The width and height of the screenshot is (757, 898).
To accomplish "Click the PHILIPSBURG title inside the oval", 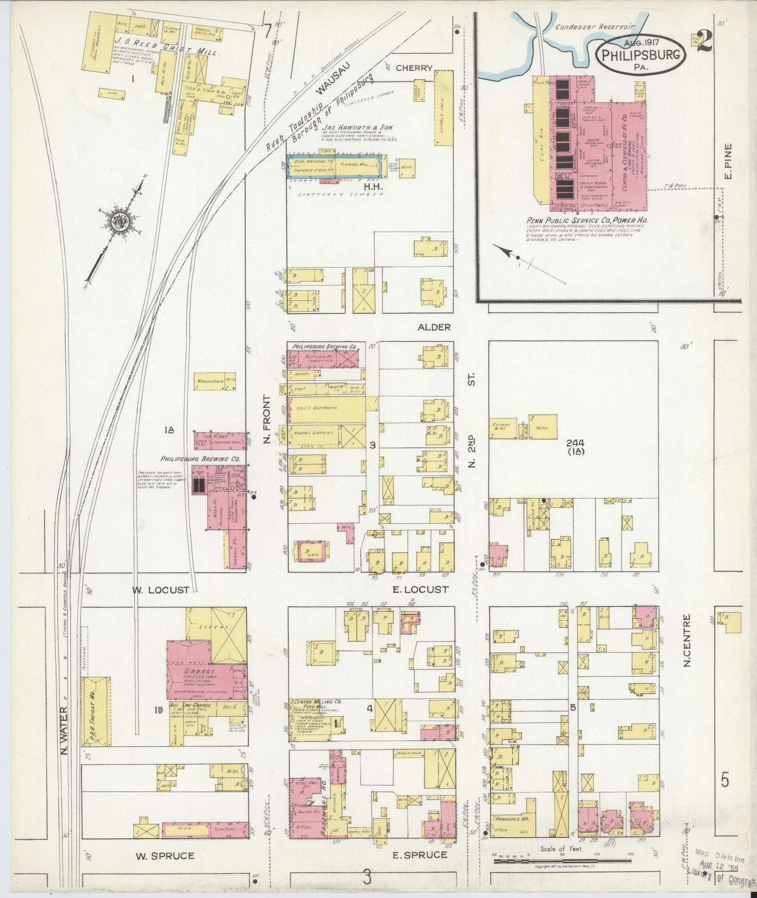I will pyautogui.click(x=641, y=55).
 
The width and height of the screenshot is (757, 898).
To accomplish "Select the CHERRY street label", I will pyautogui.click(x=413, y=68).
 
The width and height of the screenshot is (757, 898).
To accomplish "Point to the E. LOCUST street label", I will pyautogui.click(x=420, y=590).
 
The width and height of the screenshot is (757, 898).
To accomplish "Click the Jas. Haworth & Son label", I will pyautogui.click(x=358, y=127).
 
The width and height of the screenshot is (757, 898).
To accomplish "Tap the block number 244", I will pyautogui.click(x=575, y=443).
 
